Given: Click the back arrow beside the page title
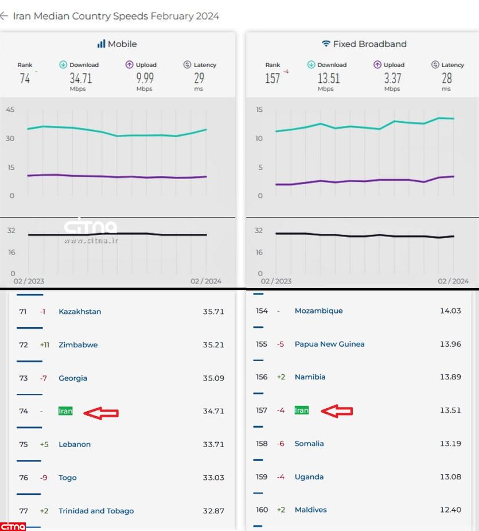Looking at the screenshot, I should click(x=4, y=16).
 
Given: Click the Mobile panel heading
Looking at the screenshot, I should click(x=117, y=44).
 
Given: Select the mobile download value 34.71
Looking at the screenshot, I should click(x=81, y=78).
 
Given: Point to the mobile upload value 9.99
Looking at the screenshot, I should click(x=145, y=78).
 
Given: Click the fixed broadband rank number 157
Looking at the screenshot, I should click(x=272, y=78).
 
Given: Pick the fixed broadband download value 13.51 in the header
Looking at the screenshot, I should click(x=329, y=78).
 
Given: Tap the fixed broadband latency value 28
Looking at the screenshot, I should click(x=447, y=78).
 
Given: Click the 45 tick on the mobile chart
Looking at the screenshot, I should click(x=10, y=110).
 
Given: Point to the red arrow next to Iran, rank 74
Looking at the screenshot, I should click(x=101, y=412).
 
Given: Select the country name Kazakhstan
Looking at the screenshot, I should click(x=80, y=312).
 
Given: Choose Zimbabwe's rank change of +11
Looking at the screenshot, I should click(x=44, y=345).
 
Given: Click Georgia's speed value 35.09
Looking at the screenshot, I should click(x=213, y=378).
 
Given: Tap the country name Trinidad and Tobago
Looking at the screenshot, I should click(x=96, y=511).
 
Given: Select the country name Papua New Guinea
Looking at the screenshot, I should click(x=329, y=344).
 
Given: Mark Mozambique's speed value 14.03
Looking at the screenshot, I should click(x=450, y=311).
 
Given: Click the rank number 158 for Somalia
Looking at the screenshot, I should click(x=262, y=444).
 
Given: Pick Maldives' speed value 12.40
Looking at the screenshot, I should click(x=450, y=510).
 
